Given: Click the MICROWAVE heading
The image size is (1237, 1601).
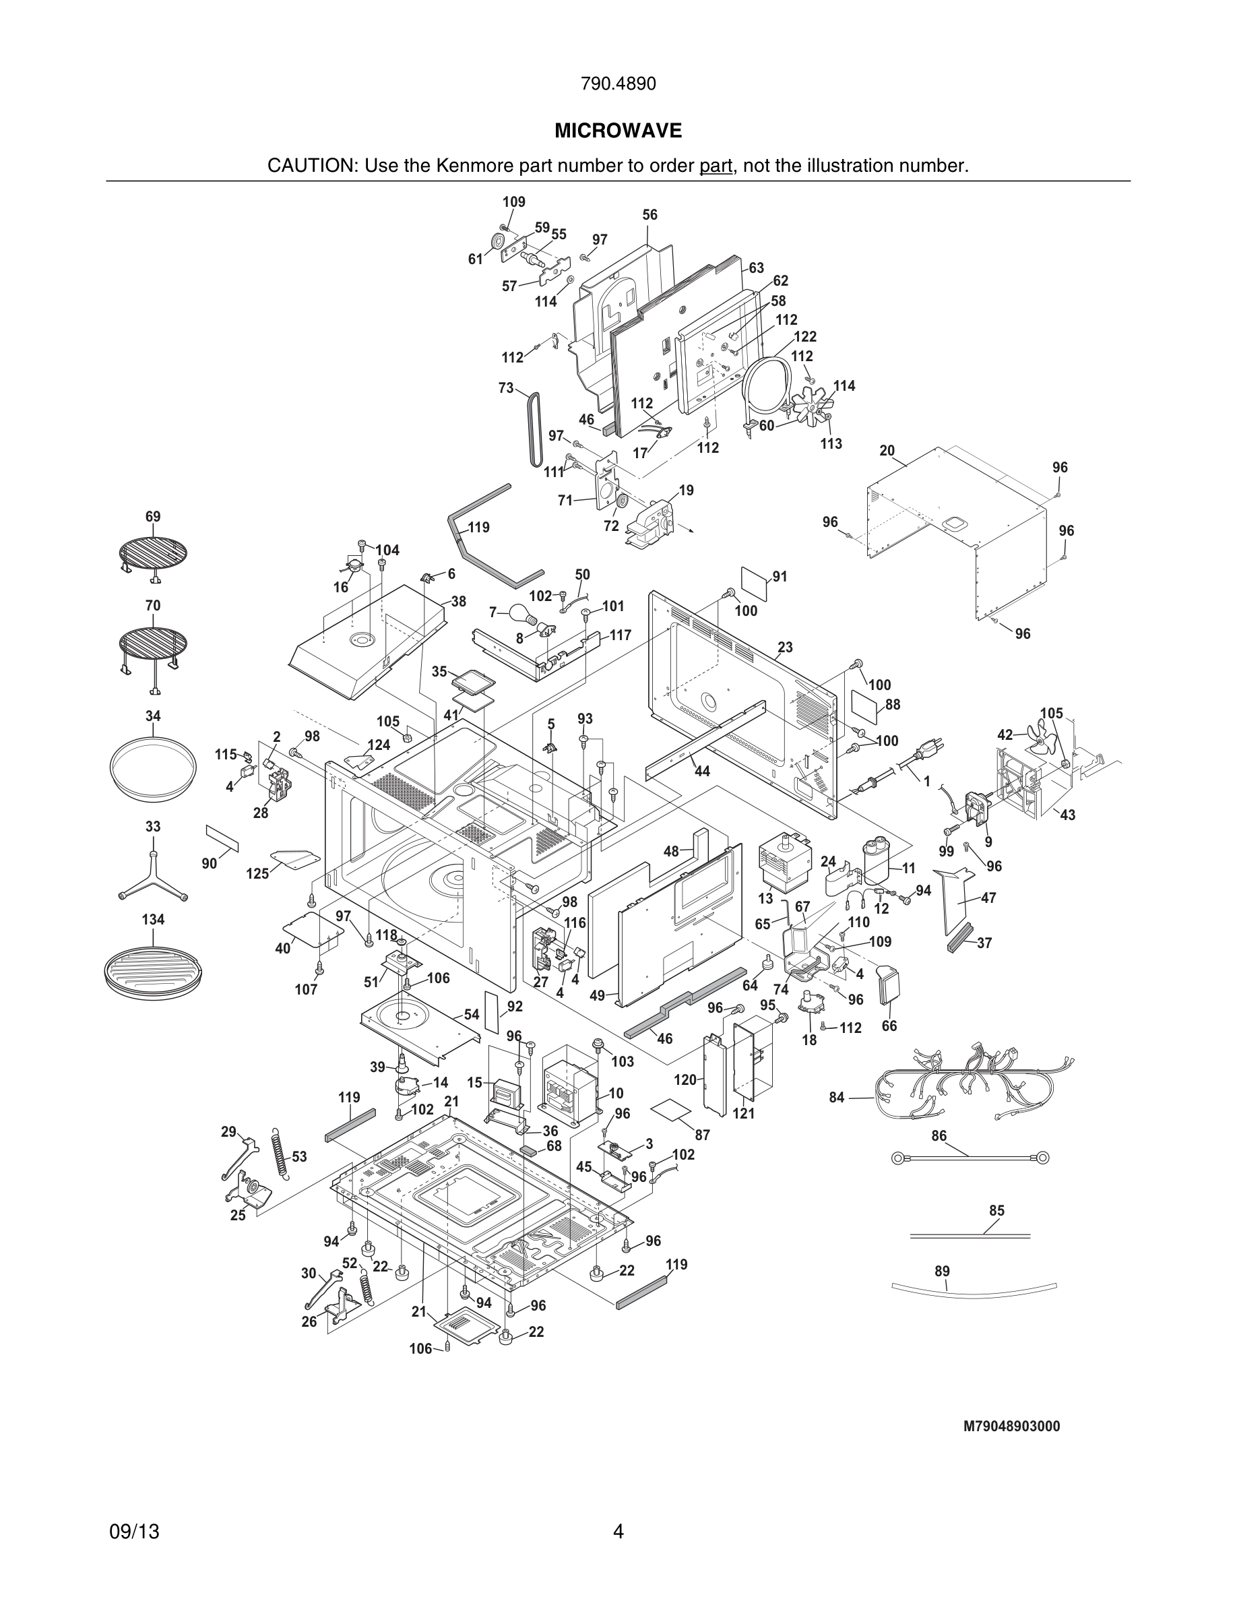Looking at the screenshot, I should click(x=618, y=131).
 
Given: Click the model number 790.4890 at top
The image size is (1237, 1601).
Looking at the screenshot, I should click(x=618, y=84).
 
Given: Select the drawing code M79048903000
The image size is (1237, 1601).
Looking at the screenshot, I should click(x=1011, y=1426).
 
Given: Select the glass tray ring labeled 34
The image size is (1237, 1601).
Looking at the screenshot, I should click(x=152, y=770).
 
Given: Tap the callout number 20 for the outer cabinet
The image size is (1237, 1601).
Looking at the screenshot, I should click(x=887, y=451).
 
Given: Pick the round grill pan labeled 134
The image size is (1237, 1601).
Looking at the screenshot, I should click(x=152, y=969).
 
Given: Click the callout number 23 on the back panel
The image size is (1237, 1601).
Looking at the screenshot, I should click(x=785, y=648).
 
